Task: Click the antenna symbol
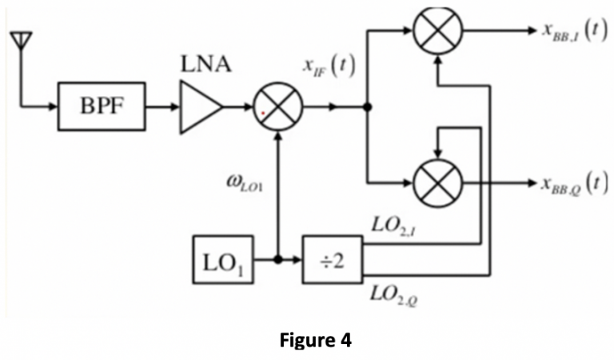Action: (x=22, y=42)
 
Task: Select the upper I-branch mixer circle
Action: (x=437, y=31)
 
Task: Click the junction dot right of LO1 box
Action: (x=277, y=259)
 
